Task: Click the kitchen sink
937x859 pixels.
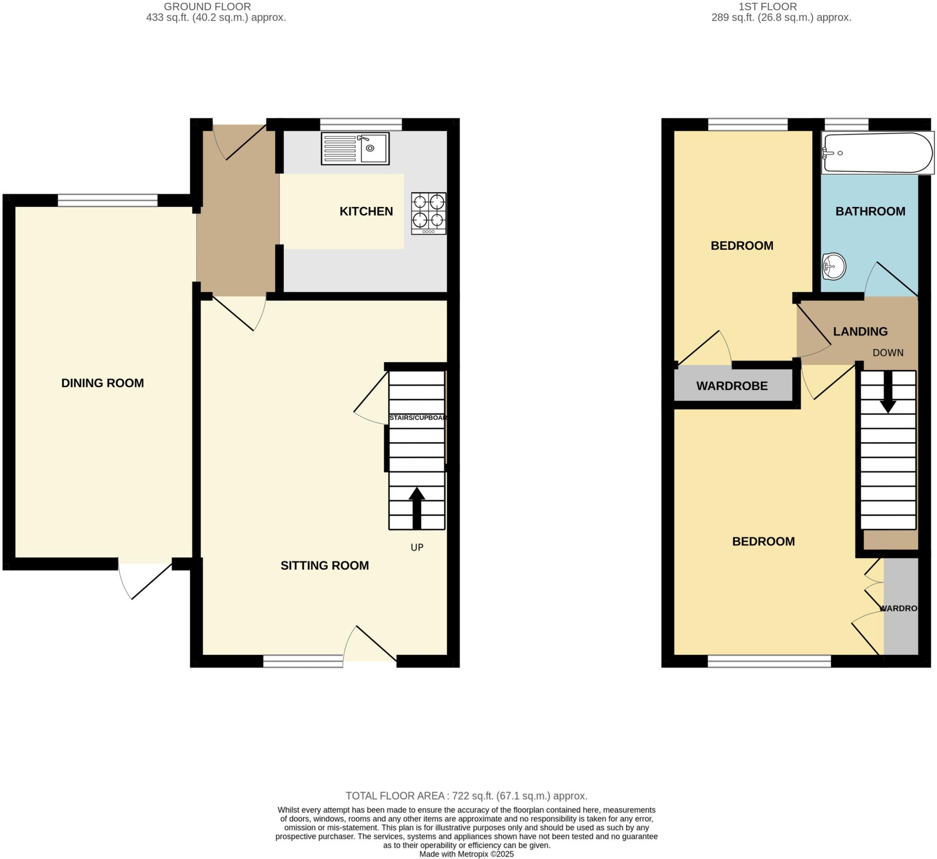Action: [355, 149]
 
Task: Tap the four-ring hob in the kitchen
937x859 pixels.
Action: [429, 213]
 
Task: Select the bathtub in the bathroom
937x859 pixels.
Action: [878, 153]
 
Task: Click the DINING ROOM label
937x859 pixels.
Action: [103, 383]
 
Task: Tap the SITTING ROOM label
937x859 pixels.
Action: [325, 566]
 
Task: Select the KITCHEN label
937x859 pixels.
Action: [367, 212]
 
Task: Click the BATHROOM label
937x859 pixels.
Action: [871, 212]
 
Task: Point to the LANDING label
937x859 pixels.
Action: [861, 332]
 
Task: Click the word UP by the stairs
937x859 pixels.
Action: [417, 548]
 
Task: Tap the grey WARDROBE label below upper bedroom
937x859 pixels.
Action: [732, 386]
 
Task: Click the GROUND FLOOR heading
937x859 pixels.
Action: [208, 6]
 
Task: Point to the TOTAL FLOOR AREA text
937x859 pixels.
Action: [467, 796]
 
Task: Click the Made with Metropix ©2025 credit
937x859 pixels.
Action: [467, 854]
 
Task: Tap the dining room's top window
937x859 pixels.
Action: [108, 201]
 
